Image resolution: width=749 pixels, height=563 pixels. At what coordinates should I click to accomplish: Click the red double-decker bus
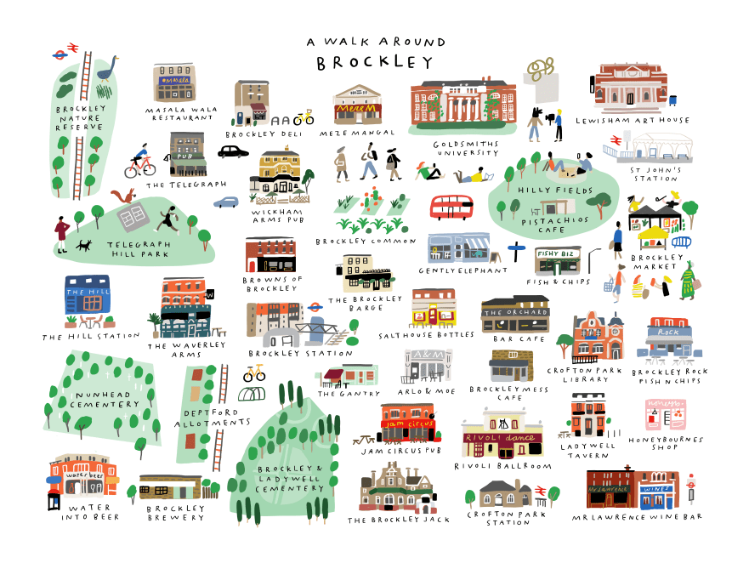click(x=451, y=207)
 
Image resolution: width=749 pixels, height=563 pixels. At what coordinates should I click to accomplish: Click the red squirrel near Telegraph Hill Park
click(x=125, y=197)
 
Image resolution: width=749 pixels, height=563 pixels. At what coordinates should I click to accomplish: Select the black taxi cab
click(x=233, y=151)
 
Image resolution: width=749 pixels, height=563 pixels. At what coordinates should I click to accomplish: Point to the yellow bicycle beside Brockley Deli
click(x=304, y=117)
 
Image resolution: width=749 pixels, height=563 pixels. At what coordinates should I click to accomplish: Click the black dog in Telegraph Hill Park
click(x=82, y=246)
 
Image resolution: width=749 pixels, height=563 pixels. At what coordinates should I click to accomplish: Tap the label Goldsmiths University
click(x=465, y=148)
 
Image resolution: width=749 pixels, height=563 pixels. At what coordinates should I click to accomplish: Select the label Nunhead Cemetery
click(x=97, y=401)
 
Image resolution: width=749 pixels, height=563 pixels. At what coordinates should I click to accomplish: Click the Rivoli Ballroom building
click(x=502, y=434)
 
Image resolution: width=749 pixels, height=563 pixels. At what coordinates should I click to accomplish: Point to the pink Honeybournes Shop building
click(x=666, y=415)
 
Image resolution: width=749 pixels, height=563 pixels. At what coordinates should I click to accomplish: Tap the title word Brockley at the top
click(x=374, y=63)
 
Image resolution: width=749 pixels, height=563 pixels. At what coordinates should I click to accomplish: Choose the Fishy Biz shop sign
click(x=557, y=253)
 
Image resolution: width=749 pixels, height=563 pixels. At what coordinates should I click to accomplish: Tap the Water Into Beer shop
click(x=83, y=481)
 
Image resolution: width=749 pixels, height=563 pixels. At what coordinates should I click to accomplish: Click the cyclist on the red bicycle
click(x=140, y=163)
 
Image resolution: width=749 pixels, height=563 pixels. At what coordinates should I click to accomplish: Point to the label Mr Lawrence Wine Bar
click(x=638, y=516)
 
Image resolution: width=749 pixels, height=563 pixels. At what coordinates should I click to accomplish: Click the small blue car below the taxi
click(x=226, y=202)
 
